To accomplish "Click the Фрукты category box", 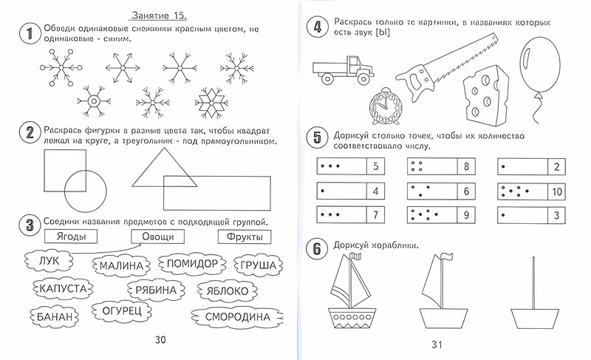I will (244, 237).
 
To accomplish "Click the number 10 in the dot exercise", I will (556, 191).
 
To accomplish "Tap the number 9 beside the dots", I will (466, 216).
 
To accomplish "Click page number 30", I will (155, 339).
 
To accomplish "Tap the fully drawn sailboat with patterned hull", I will (352, 296).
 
